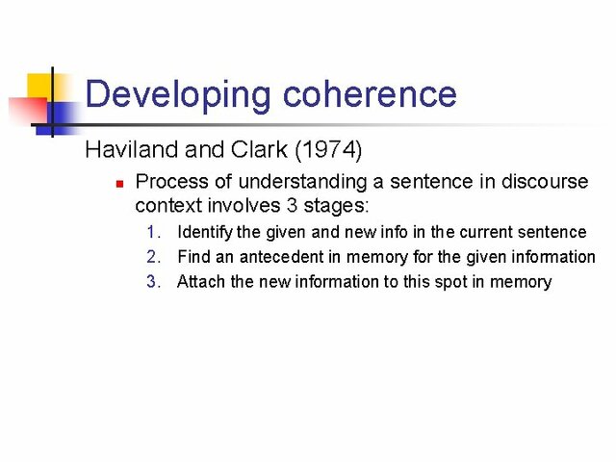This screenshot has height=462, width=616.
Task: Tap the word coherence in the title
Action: coord(370,94)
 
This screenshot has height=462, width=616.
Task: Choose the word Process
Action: coord(169,181)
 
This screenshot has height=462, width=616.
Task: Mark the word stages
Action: coord(340,205)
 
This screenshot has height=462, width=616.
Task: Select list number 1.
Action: coord(154,232)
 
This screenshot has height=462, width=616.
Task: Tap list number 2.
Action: coord(154,257)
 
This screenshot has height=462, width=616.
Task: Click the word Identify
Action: coord(205,232)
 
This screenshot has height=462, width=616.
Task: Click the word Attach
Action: coord(201,282)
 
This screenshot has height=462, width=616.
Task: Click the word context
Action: coord(167,205)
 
